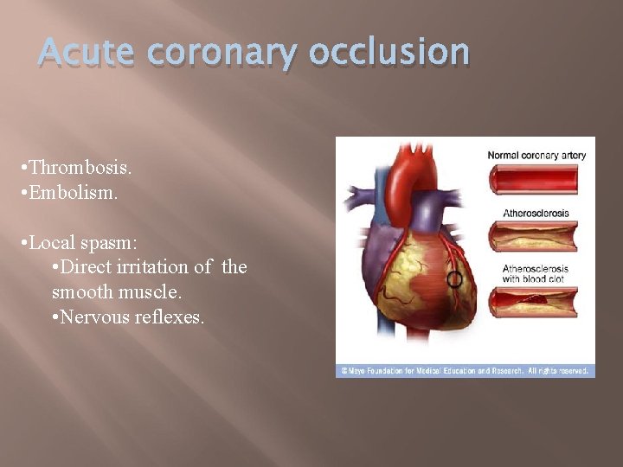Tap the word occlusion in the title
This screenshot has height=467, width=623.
(x=389, y=54)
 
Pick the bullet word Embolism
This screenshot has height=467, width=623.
(x=73, y=191)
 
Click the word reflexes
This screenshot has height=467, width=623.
(x=170, y=317)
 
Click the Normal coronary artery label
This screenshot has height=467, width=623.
(x=536, y=156)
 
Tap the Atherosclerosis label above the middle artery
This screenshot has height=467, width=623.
(x=536, y=212)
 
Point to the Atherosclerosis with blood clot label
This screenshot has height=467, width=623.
(x=536, y=273)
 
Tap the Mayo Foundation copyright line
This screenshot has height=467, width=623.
(x=465, y=370)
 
